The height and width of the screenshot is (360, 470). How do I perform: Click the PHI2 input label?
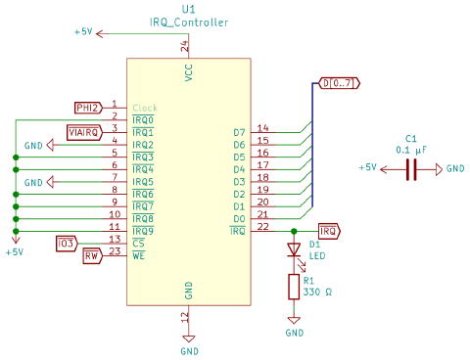(x=88, y=108)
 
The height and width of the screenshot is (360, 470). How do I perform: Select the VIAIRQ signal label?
(x=84, y=133)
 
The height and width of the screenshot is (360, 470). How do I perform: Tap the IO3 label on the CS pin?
(x=67, y=244)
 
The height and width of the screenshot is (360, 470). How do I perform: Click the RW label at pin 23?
(x=92, y=256)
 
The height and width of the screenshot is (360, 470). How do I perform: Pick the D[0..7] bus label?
(x=339, y=83)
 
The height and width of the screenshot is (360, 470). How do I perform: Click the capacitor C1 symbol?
(x=411, y=169)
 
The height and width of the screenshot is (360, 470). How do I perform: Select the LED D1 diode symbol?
(x=294, y=249)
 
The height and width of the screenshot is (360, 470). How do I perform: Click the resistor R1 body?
(x=294, y=287)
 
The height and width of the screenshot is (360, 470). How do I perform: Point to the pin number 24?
(x=185, y=46)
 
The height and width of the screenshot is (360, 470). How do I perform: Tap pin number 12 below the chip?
(x=185, y=317)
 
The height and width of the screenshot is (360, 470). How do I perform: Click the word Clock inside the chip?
(x=145, y=108)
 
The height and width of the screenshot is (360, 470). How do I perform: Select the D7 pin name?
(x=239, y=132)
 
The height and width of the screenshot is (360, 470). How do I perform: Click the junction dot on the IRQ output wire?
(x=294, y=231)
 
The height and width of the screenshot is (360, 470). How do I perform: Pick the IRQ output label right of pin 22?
(x=329, y=231)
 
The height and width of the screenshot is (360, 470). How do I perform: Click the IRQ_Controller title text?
(x=189, y=22)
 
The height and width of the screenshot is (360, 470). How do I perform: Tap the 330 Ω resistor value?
(x=317, y=292)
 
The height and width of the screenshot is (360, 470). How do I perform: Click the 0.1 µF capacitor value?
(x=411, y=151)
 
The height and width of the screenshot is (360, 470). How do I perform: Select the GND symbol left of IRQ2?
(x=50, y=145)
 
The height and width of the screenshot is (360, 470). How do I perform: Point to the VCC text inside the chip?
(x=189, y=72)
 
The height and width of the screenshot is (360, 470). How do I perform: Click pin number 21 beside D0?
(x=262, y=214)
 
